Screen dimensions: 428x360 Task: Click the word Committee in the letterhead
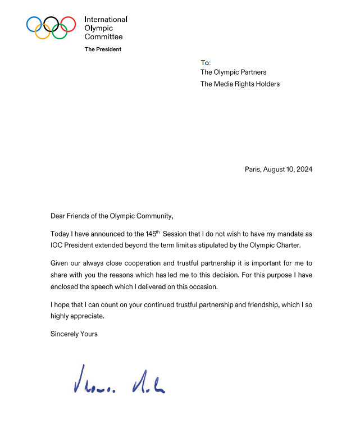click(103, 37)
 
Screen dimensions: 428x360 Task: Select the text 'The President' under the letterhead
click(103, 49)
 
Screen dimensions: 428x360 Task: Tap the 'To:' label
click(205, 62)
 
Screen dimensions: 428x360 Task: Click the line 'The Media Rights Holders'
click(240, 84)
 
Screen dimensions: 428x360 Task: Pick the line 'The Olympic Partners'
click(233, 72)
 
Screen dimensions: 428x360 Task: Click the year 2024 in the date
click(303, 169)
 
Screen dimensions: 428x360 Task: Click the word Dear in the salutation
click(58, 216)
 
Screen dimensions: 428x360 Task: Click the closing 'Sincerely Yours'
click(74, 334)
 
